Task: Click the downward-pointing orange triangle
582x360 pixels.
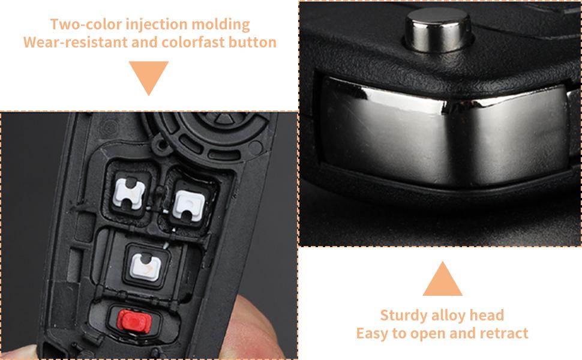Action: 149,77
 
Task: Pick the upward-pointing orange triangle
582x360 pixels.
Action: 442,280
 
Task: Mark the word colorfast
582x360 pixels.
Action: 196,43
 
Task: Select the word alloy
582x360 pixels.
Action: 451,316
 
